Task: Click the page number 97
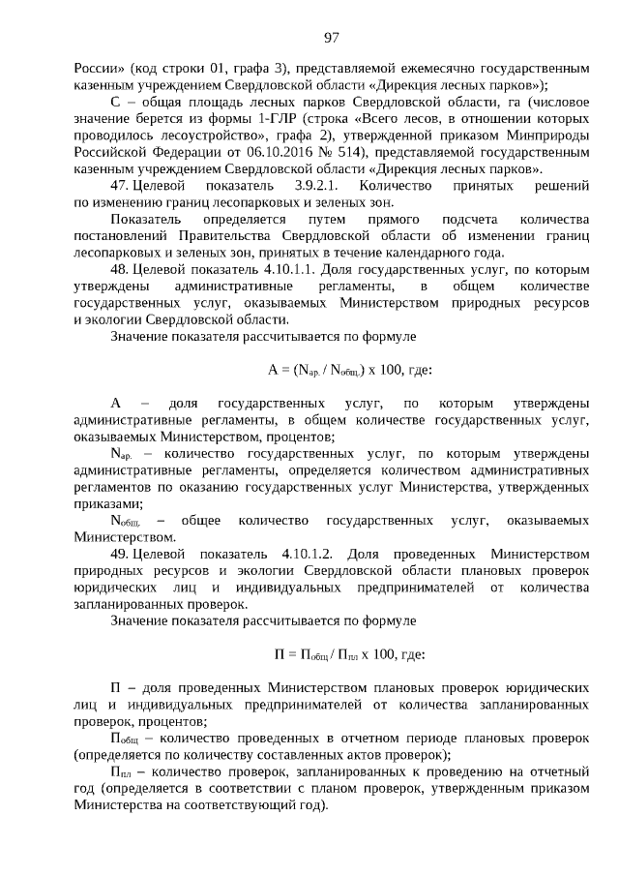tap(331, 38)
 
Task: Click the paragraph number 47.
tap(120, 184)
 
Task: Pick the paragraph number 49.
tap(120, 555)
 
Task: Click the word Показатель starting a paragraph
tap(148, 220)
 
